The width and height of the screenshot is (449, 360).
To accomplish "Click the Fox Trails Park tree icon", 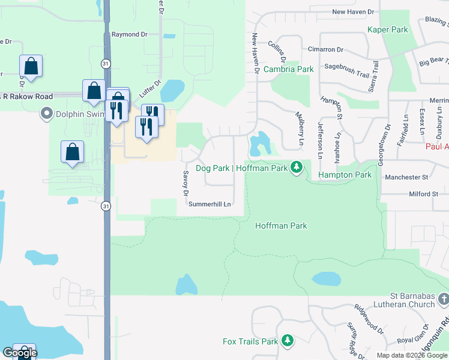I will pos(288,341).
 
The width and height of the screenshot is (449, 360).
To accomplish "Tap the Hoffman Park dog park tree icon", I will pos(295,167).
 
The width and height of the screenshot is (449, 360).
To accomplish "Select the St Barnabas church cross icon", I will pos(443,299).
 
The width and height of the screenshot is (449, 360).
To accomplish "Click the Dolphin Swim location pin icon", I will pos(46,113).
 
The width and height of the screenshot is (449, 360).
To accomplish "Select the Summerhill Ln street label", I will pos(209,204).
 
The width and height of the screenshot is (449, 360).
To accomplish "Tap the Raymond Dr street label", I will pos(129,35).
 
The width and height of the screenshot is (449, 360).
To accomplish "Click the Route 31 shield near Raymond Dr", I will pos(106,63).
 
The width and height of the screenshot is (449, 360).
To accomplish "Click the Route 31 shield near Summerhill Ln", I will pos(106,205).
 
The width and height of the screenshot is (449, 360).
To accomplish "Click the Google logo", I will pos(20,353).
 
